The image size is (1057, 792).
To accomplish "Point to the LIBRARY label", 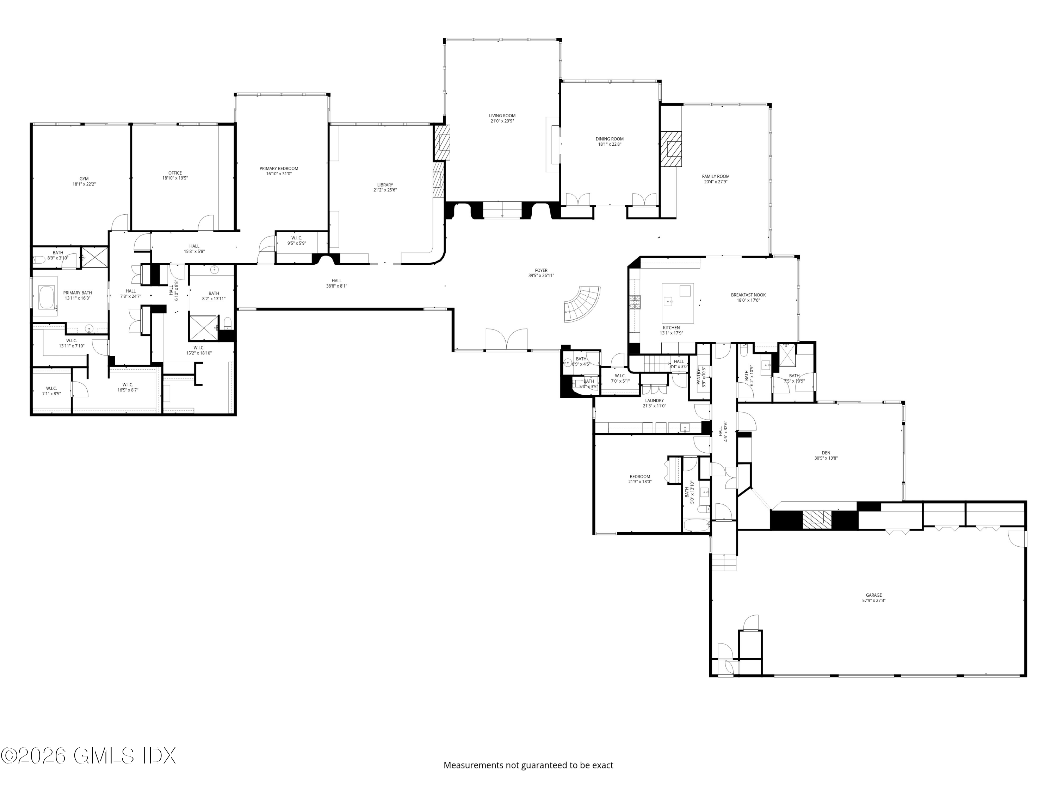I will click(385, 185).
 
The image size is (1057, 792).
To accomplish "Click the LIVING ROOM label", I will click(502, 115).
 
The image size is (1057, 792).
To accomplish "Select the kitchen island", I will click(677, 303).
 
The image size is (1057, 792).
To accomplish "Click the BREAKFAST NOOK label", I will click(748, 295).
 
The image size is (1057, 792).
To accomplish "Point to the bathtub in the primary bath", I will click(47, 297).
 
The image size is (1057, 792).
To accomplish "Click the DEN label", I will click(826, 453).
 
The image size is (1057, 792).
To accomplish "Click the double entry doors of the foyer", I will click(507, 340).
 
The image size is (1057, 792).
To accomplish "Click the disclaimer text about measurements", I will click(528, 765).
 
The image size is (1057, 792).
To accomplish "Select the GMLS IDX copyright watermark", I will click(88, 755).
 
